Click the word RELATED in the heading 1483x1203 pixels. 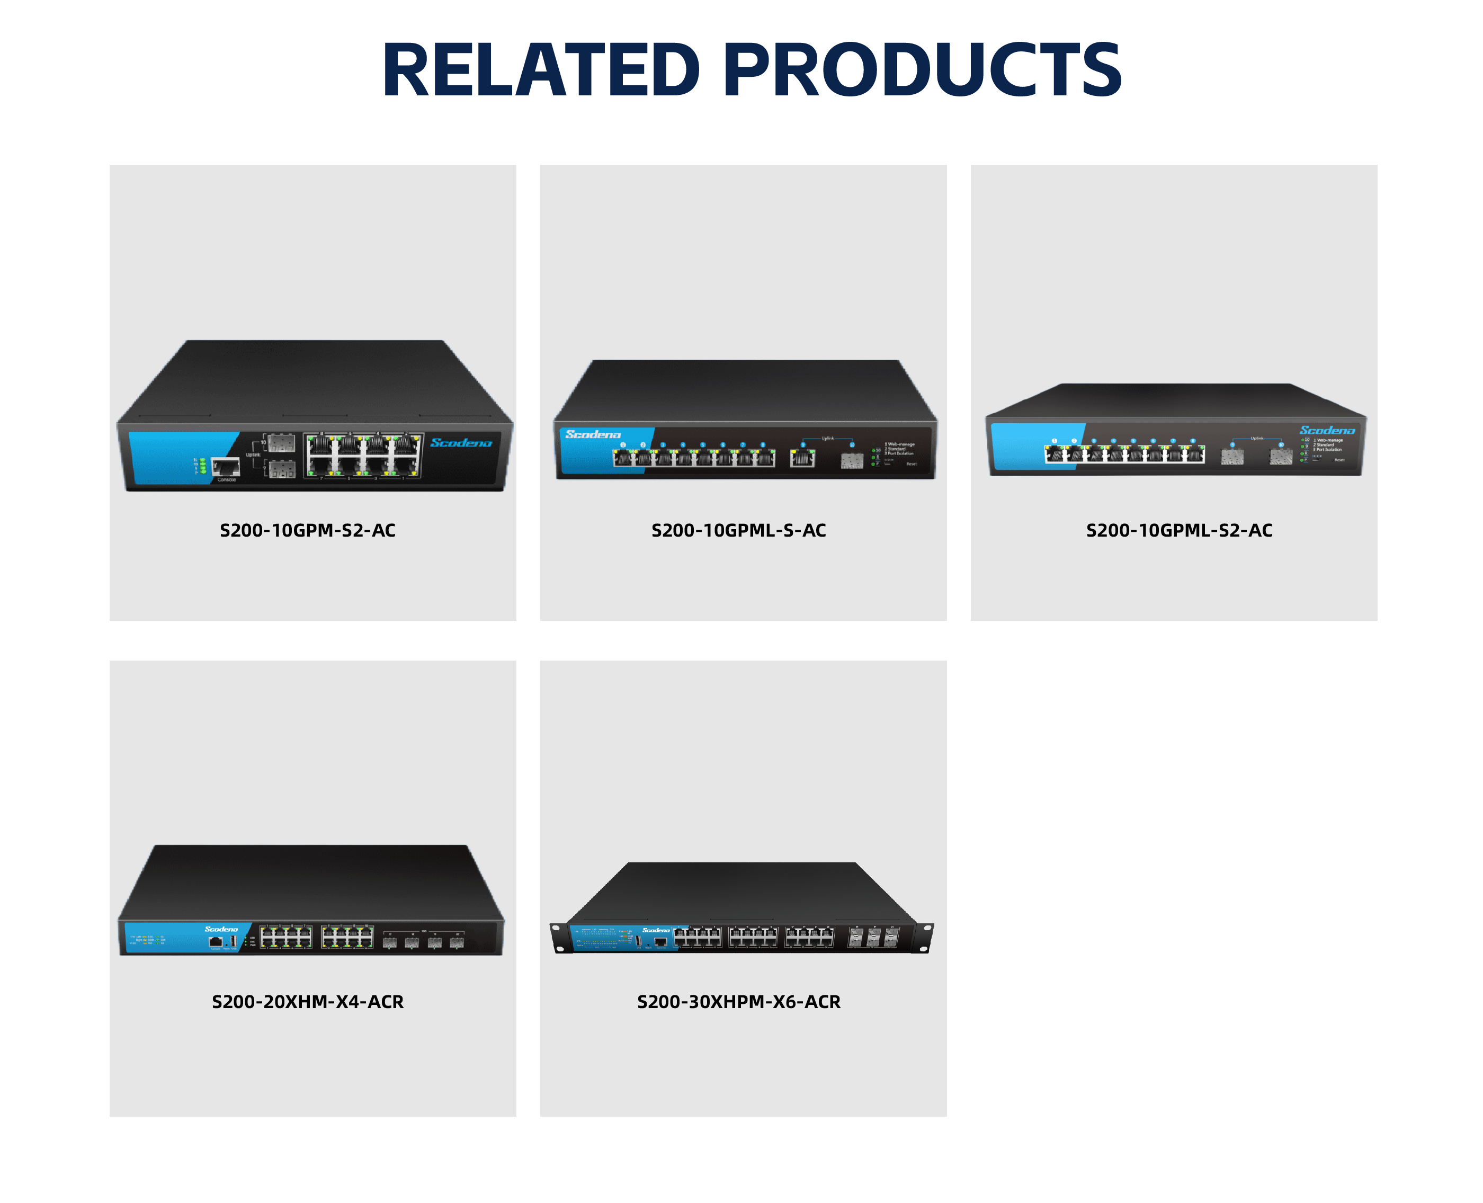[541, 69]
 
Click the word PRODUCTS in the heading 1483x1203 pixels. [922, 69]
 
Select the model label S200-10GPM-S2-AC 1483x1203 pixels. [308, 531]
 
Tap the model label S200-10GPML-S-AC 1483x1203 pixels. [739, 531]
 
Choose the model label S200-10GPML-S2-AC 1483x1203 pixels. [1179, 531]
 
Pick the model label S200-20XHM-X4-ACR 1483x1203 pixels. [308, 1002]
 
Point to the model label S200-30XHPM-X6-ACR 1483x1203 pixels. [739, 1002]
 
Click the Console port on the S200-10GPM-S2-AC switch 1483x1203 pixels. [226, 467]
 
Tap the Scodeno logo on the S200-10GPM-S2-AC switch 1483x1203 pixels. [461, 443]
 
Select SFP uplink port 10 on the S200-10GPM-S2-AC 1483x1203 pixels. [281, 443]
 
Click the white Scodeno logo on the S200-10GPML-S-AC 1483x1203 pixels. [593, 434]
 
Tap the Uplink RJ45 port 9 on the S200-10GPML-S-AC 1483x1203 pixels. [802, 458]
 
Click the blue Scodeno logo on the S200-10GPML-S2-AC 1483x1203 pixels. [1326, 430]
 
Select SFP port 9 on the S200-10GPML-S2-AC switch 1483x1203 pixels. [1231, 456]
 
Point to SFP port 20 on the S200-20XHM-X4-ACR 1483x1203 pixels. [457, 942]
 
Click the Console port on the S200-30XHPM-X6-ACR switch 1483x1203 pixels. [660, 942]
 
